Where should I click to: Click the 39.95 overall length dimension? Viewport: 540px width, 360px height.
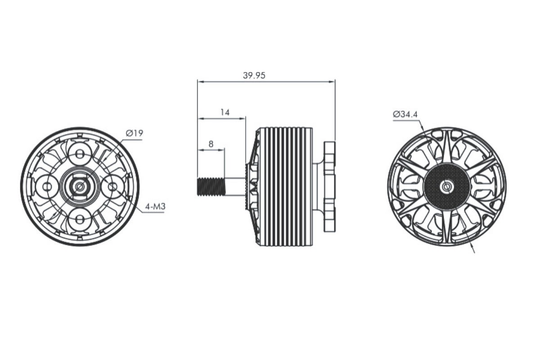point(254,76)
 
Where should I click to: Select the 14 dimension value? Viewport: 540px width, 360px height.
point(225,112)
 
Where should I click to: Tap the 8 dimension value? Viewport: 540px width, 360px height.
point(211,144)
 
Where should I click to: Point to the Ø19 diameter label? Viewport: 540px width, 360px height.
point(135,133)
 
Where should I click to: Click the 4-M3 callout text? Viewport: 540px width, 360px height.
point(154,207)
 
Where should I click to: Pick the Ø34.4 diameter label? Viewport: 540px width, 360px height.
point(405,114)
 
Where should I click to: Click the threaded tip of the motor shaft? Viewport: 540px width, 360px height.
point(211,187)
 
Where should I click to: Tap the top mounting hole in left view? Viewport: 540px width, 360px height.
point(80,154)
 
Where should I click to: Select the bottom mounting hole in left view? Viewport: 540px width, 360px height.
point(80,219)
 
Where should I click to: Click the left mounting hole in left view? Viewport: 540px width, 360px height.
point(47,187)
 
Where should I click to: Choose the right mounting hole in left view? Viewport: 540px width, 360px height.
point(112,187)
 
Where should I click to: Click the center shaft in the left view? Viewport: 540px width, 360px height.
point(80,187)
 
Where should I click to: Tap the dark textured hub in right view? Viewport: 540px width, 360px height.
point(447,186)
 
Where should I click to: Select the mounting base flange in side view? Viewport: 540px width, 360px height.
point(330,187)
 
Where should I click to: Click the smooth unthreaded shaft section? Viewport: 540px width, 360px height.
point(234,187)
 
